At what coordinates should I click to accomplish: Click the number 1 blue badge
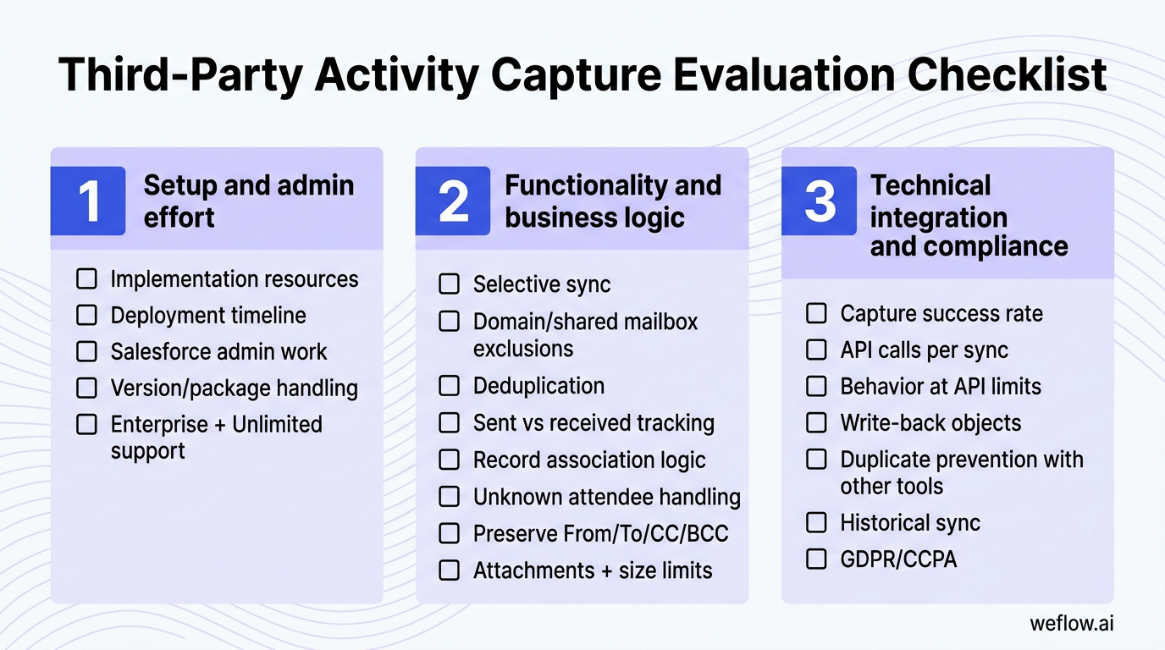[88, 201]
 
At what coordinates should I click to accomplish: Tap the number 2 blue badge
[453, 201]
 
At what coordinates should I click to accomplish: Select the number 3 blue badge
[819, 201]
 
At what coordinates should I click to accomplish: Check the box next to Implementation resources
[86, 278]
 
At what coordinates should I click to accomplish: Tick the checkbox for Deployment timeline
[86, 315]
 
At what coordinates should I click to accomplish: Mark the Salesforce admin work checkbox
[86, 351]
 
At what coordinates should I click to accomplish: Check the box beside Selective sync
[449, 284]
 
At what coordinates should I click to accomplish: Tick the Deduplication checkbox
[449, 386]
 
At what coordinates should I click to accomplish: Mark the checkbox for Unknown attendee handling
[449, 496]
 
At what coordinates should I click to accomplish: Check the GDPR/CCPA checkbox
[816, 559]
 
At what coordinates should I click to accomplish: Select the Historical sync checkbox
[816, 522]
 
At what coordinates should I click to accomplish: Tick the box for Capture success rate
[816, 313]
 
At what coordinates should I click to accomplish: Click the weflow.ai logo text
[1071, 624]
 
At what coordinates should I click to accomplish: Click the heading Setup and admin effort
[249, 201]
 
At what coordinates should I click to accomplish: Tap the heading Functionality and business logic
[613, 201]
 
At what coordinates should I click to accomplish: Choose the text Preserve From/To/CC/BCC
[600, 533]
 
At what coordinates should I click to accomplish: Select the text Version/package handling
[234, 388]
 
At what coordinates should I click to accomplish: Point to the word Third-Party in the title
[177, 74]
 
